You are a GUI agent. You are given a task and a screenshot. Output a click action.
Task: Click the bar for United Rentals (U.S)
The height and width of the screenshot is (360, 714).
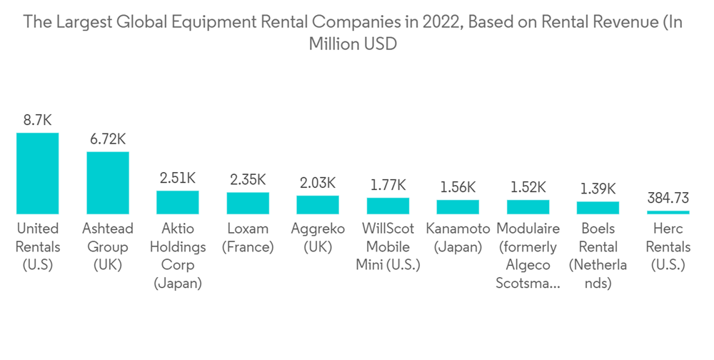pyautogui.click(x=37, y=174)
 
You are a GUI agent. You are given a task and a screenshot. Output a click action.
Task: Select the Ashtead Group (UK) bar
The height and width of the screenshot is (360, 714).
pyautogui.click(x=107, y=183)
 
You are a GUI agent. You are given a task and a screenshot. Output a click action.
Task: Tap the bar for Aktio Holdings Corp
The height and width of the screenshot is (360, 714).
pyautogui.click(x=178, y=202)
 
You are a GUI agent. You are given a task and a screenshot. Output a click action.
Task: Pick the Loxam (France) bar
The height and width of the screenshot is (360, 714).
pyautogui.click(x=248, y=204)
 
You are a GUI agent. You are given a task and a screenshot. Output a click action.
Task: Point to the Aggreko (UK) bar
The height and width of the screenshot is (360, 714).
pyautogui.click(x=318, y=205)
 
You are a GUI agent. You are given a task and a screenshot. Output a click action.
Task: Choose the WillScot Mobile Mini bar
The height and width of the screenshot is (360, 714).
pyautogui.click(x=388, y=206)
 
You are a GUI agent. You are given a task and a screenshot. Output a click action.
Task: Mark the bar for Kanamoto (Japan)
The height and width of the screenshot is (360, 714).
pyautogui.click(x=458, y=207)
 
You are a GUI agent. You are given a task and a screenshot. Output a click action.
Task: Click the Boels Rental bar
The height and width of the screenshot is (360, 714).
pyautogui.click(x=598, y=208)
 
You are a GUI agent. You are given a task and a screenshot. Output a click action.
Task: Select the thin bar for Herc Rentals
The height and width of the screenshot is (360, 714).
pyautogui.click(x=668, y=212)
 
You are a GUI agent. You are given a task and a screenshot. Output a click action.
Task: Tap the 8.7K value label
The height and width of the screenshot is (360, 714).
pyautogui.click(x=37, y=120)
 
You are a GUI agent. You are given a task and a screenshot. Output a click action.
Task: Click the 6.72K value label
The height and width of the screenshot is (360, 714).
pyautogui.click(x=107, y=139)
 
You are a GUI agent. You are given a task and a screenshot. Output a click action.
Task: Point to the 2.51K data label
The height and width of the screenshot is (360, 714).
pyautogui.click(x=178, y=178)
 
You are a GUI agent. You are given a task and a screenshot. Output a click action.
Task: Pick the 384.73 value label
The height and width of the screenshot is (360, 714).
pyautogui.click(x=668, y=198)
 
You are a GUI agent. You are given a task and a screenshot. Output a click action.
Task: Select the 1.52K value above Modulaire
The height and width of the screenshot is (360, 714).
pyautogui.click(x=528, y=187)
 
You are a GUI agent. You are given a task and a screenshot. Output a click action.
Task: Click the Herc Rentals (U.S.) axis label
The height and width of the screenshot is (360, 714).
pyautogui.click(x=668, y=246)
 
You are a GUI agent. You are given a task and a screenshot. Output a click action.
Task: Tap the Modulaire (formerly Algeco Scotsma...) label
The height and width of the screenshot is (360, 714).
pyautogui.click(x=528, y=256)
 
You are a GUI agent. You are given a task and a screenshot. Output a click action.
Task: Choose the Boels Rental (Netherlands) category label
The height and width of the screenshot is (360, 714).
pyautogui.click(x=598, y=256)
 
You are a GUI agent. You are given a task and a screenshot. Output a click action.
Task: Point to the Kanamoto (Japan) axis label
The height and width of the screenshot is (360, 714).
pyautogui.click(x=458, y=238)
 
